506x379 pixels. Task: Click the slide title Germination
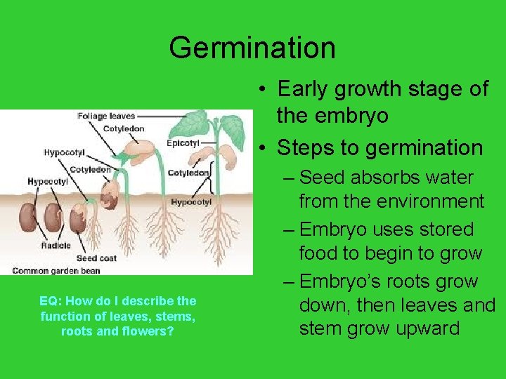pyautogui.click(x=252, y=48)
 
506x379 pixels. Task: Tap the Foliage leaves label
pyautogui.click(x=106, y=116)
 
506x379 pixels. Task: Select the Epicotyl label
pyautogui.click(x=183, y=142)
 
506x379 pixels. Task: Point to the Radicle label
pyautogui.click(x=56, y=246)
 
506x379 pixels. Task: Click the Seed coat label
pyautogui.click(x=96, y=258)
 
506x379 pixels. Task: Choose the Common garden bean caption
pyautogui.click(x=56, y=270)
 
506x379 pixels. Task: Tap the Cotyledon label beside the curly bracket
pyautogui.click(x=188, y=173)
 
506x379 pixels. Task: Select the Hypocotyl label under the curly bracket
pyautogui.click(x=191, y=202)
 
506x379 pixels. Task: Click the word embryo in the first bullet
pyautogui.click(x=332, y=116)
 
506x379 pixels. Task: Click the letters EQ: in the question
pyautogui.click(x=49, y=300)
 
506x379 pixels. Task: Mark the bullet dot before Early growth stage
pyautogui.click(x=261, y=89)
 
